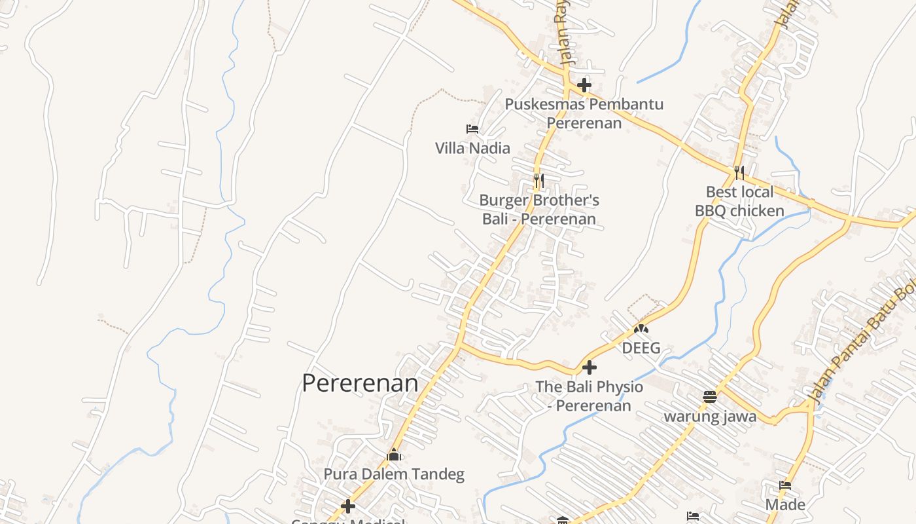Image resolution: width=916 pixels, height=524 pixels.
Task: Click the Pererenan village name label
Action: [360, 383]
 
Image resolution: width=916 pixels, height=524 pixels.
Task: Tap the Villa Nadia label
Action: [472, 148]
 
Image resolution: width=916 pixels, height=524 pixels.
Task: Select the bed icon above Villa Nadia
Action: [472, 129]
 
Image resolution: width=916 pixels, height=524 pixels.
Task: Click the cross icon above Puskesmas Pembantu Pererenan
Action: [584, 85]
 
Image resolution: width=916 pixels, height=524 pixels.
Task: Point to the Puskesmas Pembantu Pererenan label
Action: [584, 113]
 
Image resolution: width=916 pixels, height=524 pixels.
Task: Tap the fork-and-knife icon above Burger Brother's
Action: [539, 180]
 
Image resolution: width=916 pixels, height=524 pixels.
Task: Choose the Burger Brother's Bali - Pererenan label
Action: [539, 210]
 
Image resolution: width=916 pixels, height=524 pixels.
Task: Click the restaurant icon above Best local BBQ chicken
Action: [739, 172]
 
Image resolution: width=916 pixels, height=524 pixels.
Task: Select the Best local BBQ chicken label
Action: [739, 201]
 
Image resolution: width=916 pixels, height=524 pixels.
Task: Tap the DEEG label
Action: [641, 348]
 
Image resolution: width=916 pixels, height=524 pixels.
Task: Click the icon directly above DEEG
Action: [641, 329]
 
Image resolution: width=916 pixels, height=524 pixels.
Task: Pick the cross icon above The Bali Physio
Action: [590, 367]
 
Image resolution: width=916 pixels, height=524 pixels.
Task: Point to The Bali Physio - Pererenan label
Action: [590, 396]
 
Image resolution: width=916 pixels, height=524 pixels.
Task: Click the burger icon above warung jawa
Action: [710, 396]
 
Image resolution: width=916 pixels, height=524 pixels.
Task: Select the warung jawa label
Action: [710, 417]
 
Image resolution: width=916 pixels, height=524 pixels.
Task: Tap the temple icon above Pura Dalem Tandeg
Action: [394, 455]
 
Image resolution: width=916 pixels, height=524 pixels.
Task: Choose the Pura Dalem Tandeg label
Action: [394, 474]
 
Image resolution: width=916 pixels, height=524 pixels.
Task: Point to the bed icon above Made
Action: [786, 485]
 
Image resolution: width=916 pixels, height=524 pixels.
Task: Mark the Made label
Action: [786, 505]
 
